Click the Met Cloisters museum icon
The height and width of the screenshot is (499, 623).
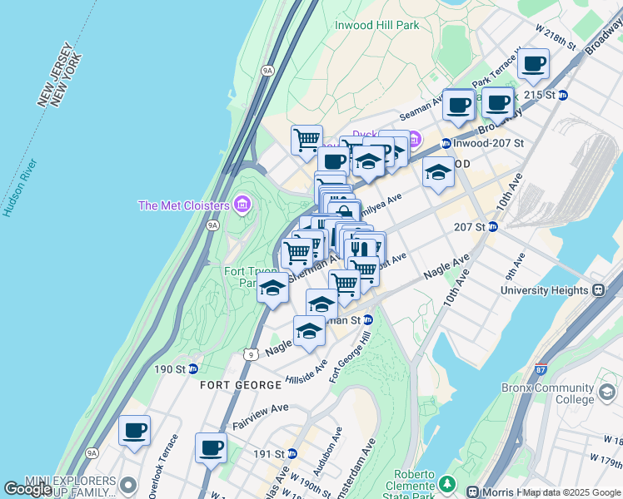coord(242,204)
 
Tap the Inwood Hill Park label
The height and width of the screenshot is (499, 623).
coord(376,25)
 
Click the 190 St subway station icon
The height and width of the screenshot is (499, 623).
coord(192,368)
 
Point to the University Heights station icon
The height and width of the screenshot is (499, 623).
coord(597,290)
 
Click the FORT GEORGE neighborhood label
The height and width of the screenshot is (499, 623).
coord(241,385)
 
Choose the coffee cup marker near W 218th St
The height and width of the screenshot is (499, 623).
coord(533,63)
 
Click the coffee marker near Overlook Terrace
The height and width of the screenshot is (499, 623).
coord(134,431)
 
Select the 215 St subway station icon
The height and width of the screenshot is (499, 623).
coord(562,95)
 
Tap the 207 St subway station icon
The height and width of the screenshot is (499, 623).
coord(492,226)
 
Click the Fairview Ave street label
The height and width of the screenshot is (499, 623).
coord(260,415)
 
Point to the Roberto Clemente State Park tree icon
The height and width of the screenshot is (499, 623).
coord(448,482)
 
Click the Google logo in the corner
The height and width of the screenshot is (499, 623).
coord(27,489)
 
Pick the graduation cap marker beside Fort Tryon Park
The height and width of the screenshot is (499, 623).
coord(272,288)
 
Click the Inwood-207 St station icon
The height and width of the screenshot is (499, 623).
coord(446,143)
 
